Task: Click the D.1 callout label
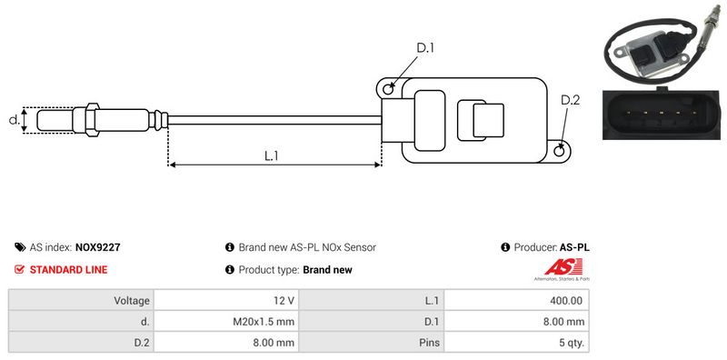point(424,48)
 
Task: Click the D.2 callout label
point(570,100)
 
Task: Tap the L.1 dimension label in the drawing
point(271,155)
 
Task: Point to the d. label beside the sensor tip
point(15,120)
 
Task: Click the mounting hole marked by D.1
point(389,88)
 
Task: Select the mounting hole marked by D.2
point(560,150)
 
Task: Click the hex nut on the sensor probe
point(92,120)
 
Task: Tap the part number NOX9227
point(98,247)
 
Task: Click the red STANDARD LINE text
point(69,269)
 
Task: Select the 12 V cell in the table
point(226,301)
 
